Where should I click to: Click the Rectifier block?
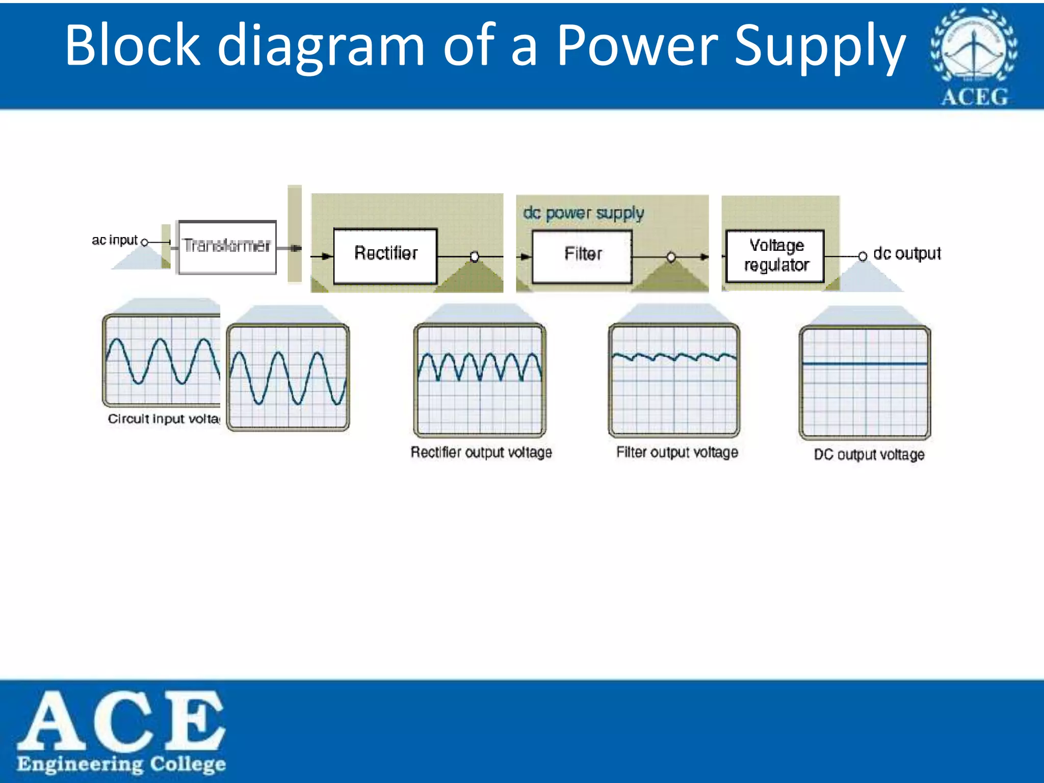[x=385, y=256]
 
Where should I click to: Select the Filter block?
[x=582, y=256]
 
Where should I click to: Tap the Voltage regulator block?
[x=775, y=256]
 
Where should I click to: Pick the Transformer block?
[x=227, y=247]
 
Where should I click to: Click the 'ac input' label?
[x=115, y=240]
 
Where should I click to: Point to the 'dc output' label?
[x=907, y=253]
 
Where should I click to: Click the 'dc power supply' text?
[x=583, y=213]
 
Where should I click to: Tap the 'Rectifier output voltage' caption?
[x=481, y=452]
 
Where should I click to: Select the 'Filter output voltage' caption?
[x=677, y=452]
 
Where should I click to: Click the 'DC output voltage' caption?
[x=869, y=454]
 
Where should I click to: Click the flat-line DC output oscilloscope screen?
[x=865, y=382]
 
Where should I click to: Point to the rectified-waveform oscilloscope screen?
[x=480, y=380]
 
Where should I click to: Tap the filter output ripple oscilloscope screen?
[x=674, y=380]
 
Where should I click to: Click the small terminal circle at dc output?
[x=862, y=256]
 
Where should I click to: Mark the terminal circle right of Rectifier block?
[x=475, y=256]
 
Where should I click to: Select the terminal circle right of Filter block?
[x=671, y=257]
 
